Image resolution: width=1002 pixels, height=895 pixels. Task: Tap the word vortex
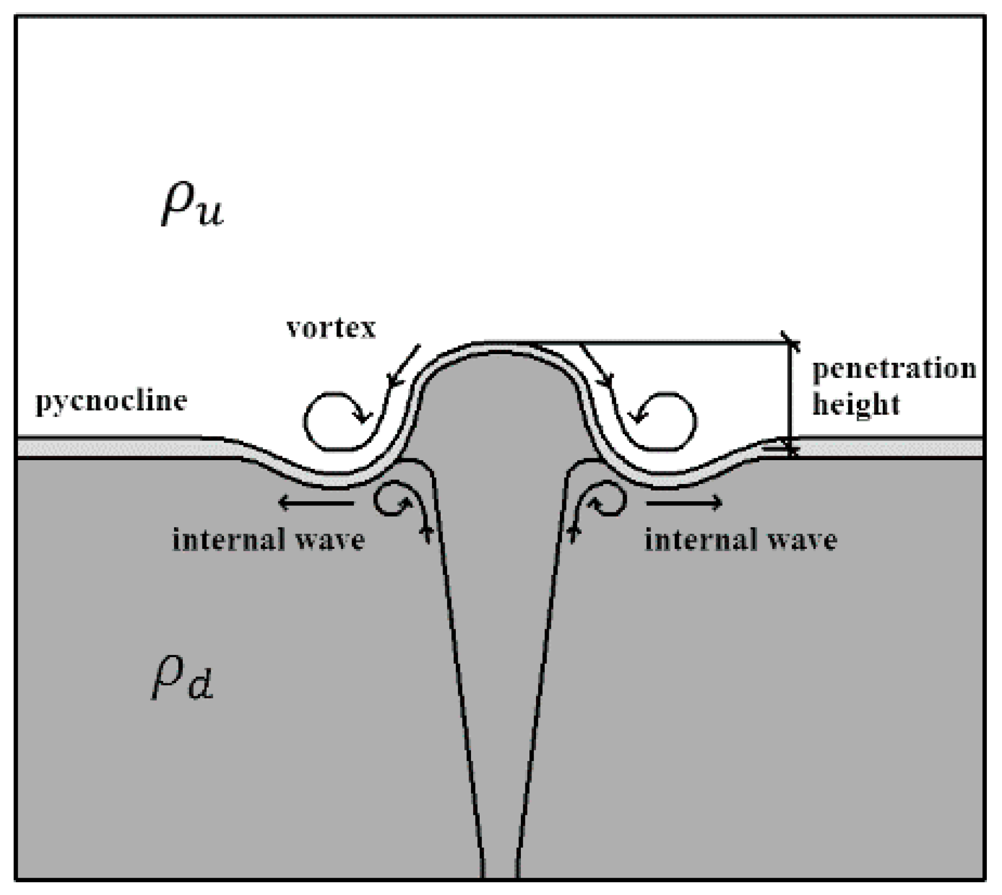click(x=331, y=329)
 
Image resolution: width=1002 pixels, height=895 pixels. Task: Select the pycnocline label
click(x=111, y=402)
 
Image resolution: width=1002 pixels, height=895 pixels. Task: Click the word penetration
click(x=894, y=369)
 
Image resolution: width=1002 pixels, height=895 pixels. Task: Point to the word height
click(x=856, y=405)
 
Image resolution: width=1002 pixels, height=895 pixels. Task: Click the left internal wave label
click(x=269, y=540)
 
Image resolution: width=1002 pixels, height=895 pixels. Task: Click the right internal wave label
click(x=741, y=540)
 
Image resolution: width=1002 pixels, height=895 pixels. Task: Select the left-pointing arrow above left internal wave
click(x=315, y=503)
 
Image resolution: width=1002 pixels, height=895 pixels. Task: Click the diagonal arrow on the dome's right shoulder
click(x=596, y=366)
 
